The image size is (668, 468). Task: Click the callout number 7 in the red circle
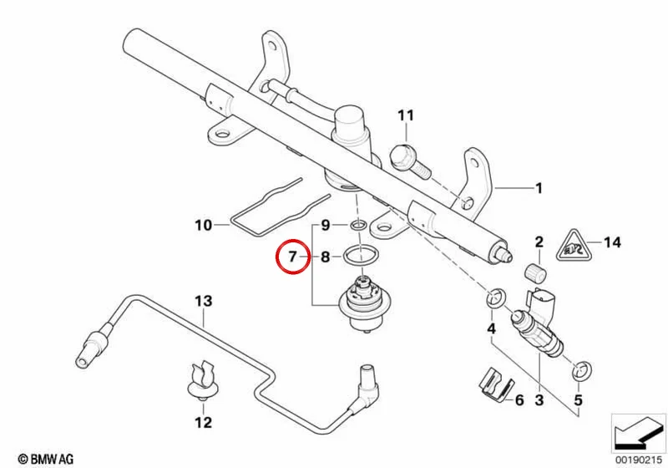[x=292, y=257]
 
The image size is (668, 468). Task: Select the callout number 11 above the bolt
[x=406, y=115]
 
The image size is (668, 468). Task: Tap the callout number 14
[x=612, y=242]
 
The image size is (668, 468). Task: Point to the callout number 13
[x=203, y=301]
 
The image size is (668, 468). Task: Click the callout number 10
[x=203, y=225]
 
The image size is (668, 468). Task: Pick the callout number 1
[x=539, y=188]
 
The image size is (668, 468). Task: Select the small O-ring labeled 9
[x=358, y=225]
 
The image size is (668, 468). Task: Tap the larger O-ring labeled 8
[x=361, y=257]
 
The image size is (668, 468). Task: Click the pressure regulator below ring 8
[x=365, y=303]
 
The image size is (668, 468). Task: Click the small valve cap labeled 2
[x=534, y=272]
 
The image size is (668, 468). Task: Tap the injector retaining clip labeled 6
[x=494, y=384]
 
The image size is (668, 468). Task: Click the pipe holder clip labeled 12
[x=203, y=380]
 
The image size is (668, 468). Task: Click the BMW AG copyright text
[x=46, y=459]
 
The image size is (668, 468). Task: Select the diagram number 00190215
[x=638, y=460]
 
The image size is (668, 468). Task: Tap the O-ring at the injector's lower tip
[x=581, y=370]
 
